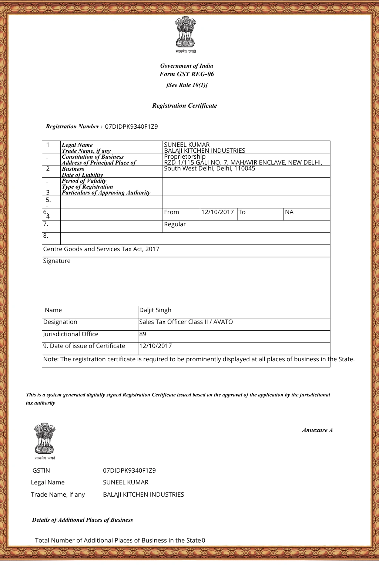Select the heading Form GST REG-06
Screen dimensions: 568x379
pyautogui.click(x=187, y=74)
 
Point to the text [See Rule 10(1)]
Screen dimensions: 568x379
pyautogui.click(x=187, y=85)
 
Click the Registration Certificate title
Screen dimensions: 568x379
pyautogui.click(x=184, y=106)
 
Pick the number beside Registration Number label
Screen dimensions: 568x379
pyautogui.click(x=131, y=126)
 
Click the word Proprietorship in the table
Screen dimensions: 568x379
pyautogui.click(x=184, y=156)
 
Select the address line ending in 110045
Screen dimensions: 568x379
pyautogui.click(x=209, y=169)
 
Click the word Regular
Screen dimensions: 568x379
pyautogui.click(x=175, y=224)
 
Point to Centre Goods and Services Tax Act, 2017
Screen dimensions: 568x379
pyautogui.click(x=101, y=249)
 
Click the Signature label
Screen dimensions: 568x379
pyautogui.click(x=57, y=261)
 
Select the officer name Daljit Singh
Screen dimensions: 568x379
pyautogui.click(x=155, y=310)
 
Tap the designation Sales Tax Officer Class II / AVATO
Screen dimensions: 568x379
pyautogui.click(x=186, y=322)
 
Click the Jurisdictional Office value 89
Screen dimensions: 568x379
pyautogui.click(x=142, y=334)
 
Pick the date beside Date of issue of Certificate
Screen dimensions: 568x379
pyautogui.click(x=155, y=346)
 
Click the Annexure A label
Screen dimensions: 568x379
pyautogui.click(x=317, y=430)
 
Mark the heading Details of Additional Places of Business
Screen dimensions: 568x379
pyautogui.click(x=82, y=520)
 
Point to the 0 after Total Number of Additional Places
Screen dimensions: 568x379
pyautogui.click(x=204, y=541)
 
